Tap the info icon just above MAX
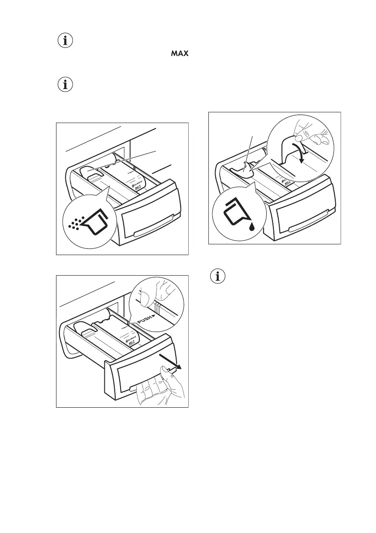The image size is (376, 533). click(66, 41)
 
